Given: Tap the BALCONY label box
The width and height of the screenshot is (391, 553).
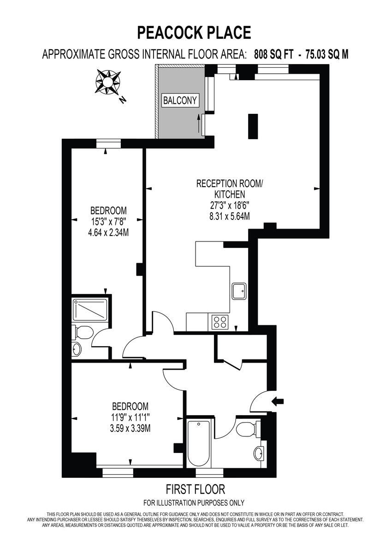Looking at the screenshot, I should coord(180,100).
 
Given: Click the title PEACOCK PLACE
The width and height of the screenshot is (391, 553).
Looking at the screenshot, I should coord(194,33).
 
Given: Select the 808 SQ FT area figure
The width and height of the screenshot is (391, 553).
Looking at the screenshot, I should coord(273,54).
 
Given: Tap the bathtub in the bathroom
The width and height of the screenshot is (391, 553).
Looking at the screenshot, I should coord(199,443).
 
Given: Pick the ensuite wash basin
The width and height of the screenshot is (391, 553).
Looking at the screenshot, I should coord(77,349).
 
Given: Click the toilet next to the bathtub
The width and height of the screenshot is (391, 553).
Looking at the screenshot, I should coord(246,429).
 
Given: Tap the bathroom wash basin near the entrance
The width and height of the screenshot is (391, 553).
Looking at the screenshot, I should coord(260,452).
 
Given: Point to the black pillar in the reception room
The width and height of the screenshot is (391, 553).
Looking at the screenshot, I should coord(253,126).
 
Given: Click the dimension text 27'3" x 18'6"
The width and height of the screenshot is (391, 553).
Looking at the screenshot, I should coord(223,206).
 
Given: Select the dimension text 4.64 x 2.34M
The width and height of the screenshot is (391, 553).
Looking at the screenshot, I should coord(108,233).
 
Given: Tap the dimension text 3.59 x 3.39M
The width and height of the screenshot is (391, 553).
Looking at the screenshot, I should coord(130,428).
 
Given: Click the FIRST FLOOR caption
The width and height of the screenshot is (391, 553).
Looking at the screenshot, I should coord(195,488).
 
